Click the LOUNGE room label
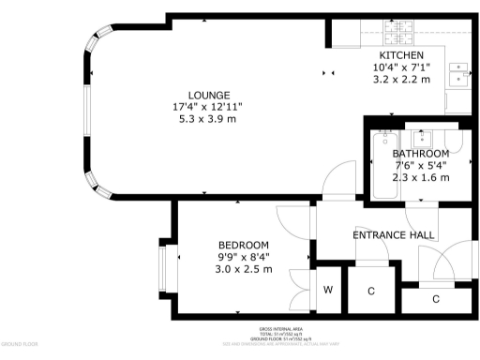tap(209, 96)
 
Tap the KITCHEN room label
tap(401, 56)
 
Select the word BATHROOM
tap(420, 154)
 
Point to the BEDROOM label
tap(243, 245)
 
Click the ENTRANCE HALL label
tap(393, 234)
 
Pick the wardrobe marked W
tap(328, 290)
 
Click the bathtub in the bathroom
tap(384, 168)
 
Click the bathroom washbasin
tap(423, 137)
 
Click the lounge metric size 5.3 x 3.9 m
tap(209, 119)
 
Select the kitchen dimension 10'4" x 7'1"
tap(401, 67)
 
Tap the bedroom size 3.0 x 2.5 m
tap(243, 269)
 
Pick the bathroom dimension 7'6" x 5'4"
tap(420, 166)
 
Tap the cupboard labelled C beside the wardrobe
tap(371, 292)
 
